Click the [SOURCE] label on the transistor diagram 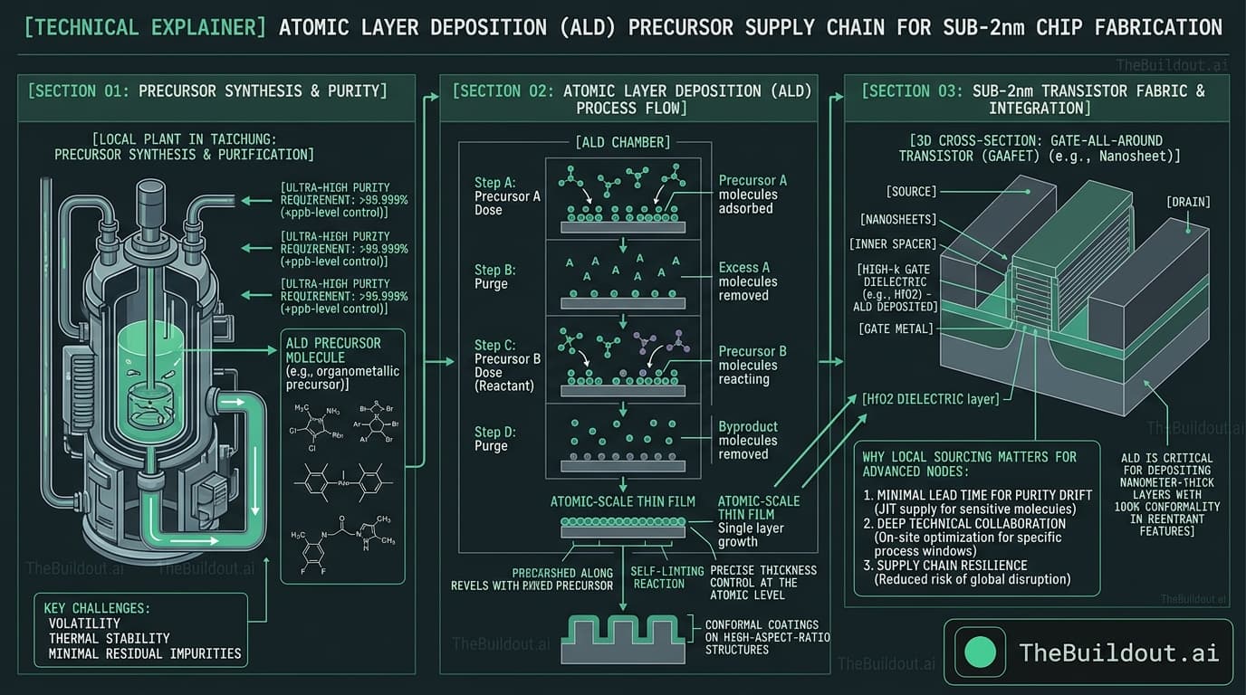[913, 192]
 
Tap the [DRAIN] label [1188, 202]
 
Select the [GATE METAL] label [896, 328]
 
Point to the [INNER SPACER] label [894, 244]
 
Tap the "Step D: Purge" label [495, 438]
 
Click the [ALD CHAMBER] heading [622, 142]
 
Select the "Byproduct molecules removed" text [747, 440]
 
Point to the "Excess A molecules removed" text [747, 281]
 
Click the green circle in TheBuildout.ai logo [981, 652]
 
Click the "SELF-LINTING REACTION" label [659, 577]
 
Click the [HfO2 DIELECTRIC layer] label [930, 399]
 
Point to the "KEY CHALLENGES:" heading [97, 608]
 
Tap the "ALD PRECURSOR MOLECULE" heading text [333, 350]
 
